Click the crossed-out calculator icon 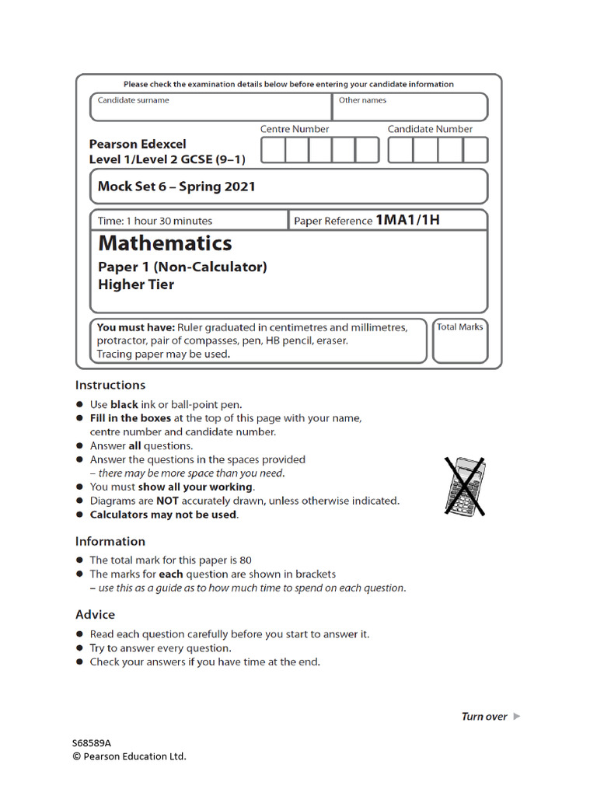(465, 486)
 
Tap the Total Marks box (460, 346)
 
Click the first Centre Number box (273, 150)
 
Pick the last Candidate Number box (476, 150)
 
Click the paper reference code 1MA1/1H (408, 220)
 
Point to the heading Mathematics (165, 243)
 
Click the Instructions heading (110, 385)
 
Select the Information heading (110, 541)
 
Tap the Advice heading (95, 614)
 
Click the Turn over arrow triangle (517, 717)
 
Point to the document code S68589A (93, 742)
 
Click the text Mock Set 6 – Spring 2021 (176, 187)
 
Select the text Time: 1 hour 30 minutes (155, 221)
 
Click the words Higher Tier (136, 285)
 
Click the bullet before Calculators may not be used (80, 515)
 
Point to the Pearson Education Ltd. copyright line (129, 756)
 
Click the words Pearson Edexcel (138, 144)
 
